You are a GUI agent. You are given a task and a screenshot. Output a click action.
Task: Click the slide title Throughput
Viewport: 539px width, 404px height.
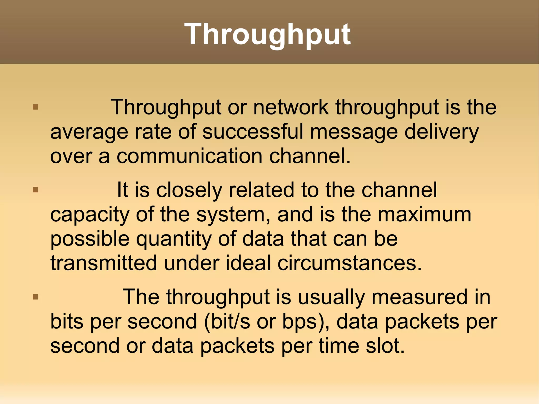pos(267,34)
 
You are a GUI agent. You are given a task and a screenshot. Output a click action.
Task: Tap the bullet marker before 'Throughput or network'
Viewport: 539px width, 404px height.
pos(36,107)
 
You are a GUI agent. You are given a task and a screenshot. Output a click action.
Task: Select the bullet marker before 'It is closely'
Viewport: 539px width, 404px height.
pos(36,190)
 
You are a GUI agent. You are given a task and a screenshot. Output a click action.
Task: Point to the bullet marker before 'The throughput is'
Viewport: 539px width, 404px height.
pos(36,297)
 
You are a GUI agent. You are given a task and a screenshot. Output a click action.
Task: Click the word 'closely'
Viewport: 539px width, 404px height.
pos(189,190)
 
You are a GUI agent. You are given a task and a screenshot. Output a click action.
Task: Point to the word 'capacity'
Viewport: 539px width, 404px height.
pos(89,215)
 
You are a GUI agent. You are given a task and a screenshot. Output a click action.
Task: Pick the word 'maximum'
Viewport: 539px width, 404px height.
pos(424,214)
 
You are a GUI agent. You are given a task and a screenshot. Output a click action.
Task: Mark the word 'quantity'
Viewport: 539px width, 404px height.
pos(174,239)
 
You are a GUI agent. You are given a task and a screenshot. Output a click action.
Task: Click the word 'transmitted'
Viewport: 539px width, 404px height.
pos(104,263)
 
